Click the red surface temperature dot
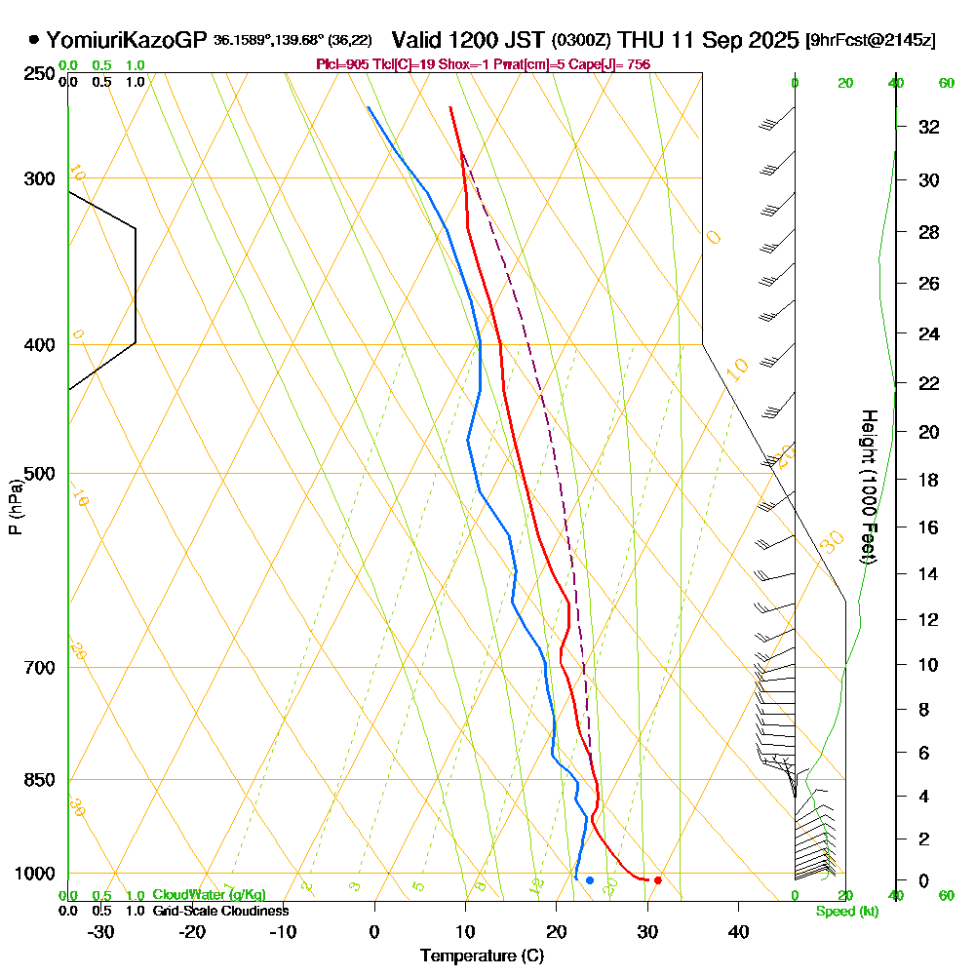[658, 880]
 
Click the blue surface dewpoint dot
[590, 880]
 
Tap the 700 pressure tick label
[39, 668]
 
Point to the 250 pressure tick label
[39, 74]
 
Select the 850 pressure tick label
[39, 780]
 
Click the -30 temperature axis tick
[101, 931]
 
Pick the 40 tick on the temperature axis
[738, 931]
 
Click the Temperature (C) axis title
[481, 955]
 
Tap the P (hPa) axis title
[16, 506]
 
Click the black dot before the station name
[34, 40]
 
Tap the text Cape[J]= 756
[613, 64]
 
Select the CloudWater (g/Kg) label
[209, 894]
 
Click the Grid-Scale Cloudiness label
[219, 911]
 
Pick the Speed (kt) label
[843, 912]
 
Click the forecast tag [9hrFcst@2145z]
[871, 41]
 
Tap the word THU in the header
[642, 40]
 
